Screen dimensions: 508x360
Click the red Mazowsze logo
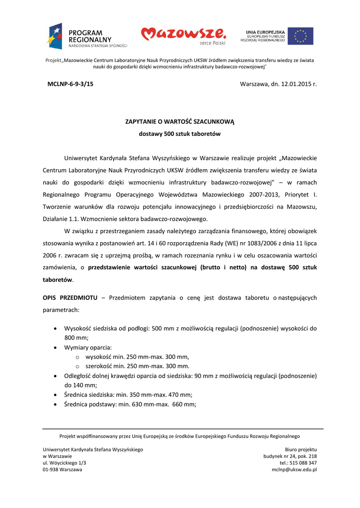pos(183,35)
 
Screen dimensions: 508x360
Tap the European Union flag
pos(300,36)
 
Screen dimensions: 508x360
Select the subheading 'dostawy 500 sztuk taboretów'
pos(179,134)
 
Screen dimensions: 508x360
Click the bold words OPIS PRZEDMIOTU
pos(70,298)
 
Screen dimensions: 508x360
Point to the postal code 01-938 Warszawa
pos(63,469)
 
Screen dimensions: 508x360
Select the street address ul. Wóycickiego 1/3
pos(64,463)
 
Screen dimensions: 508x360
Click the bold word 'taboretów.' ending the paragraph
pos(58,280)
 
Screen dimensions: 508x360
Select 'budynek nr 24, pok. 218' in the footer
pos(290,456)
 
